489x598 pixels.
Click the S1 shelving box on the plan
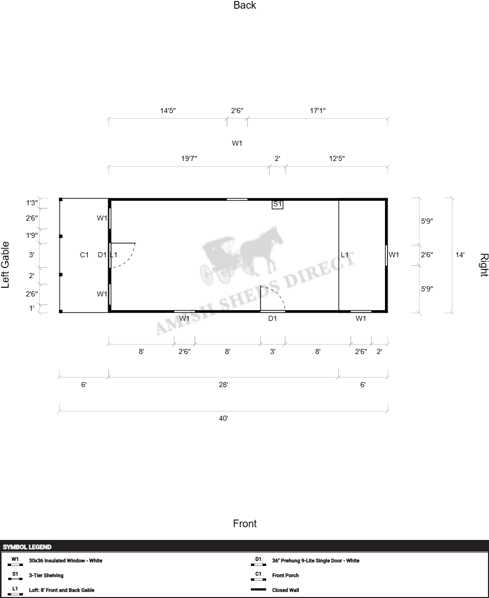click(277, 204)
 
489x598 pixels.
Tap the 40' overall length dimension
click(224, 418)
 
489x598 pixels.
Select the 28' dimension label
click(224, 385)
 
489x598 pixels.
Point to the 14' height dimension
click(460, 255)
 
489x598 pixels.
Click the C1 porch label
click(84, 255)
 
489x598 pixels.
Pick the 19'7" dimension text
click(189, 158)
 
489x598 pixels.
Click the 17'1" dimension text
click(318, 111)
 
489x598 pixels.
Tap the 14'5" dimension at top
click(168, 111)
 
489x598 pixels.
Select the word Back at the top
click(245, 5)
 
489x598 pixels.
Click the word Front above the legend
click(245, 524)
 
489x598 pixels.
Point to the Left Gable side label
click(5, 265)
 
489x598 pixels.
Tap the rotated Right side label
click(484, 265)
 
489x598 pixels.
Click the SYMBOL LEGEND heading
click(27, 547)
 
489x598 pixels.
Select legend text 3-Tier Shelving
click(46, 576)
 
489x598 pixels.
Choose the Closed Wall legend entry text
click(286, 590)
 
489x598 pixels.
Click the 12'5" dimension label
click(337, 158)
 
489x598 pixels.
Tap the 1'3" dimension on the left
click(32, 203)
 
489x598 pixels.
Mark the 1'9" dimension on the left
click(32, 235)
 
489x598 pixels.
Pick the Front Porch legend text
click(286, 576)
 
